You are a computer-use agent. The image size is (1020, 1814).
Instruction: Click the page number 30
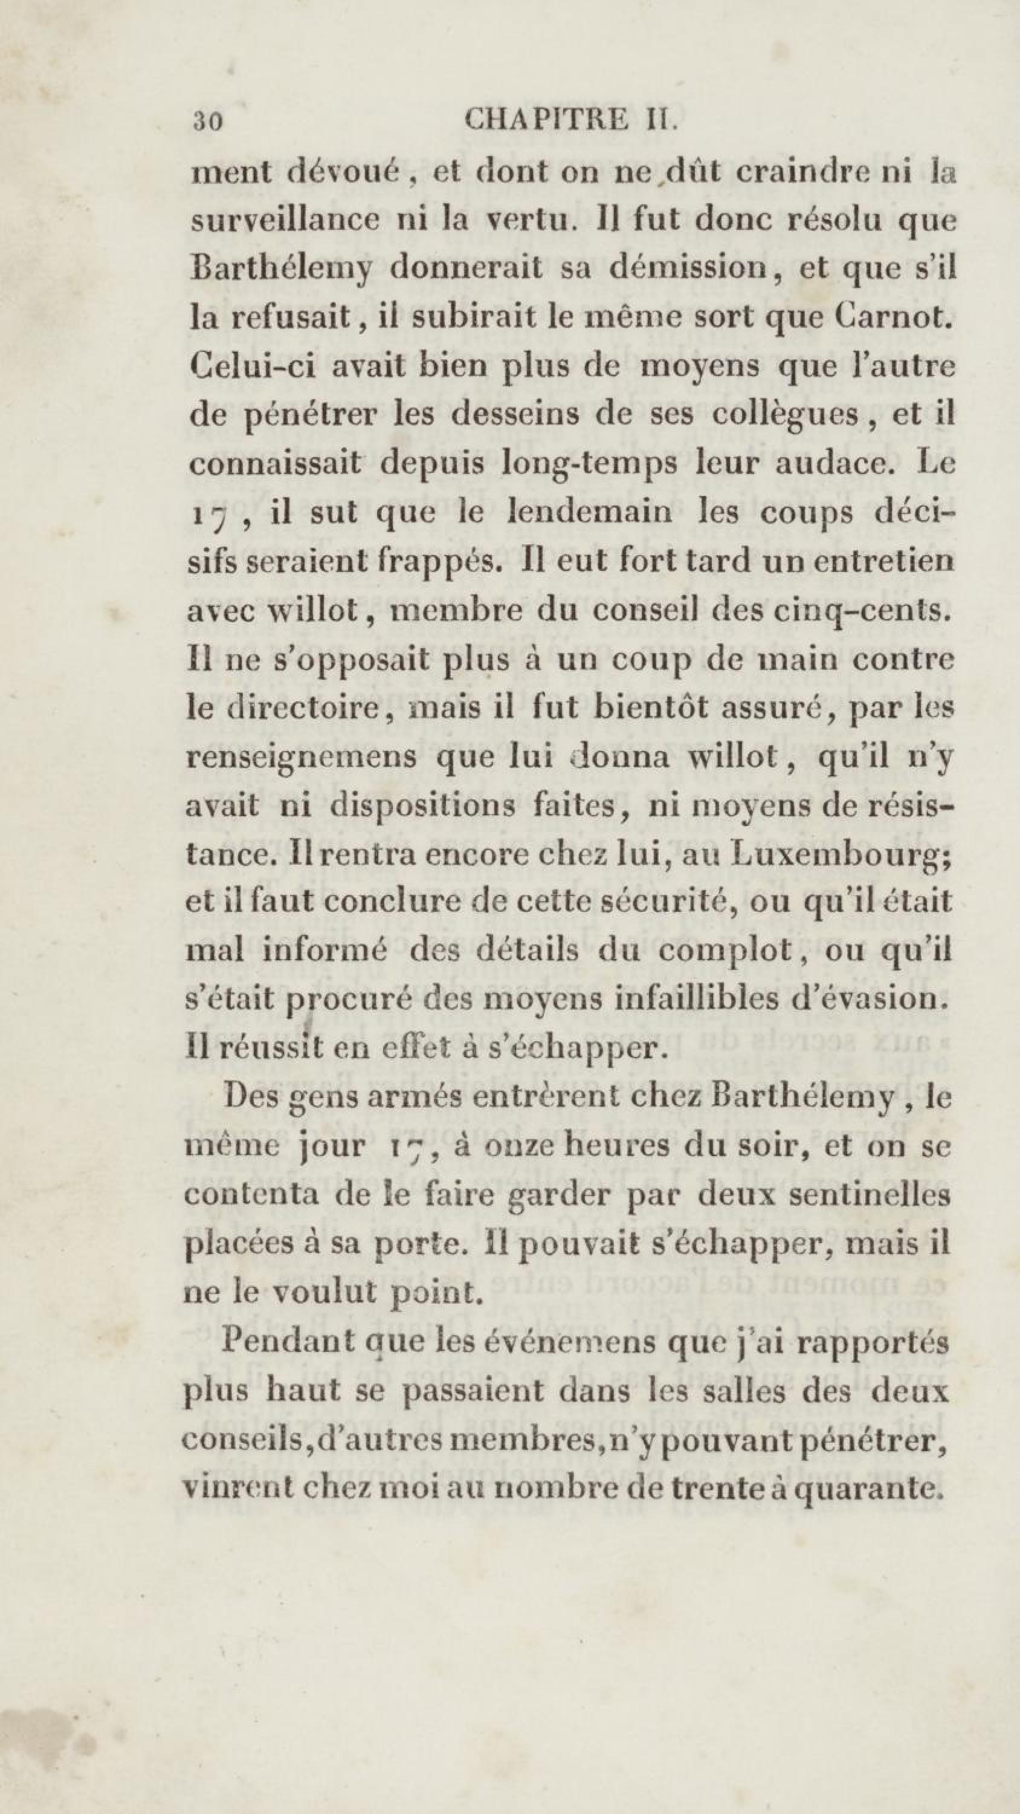click(x=208, y=121)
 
